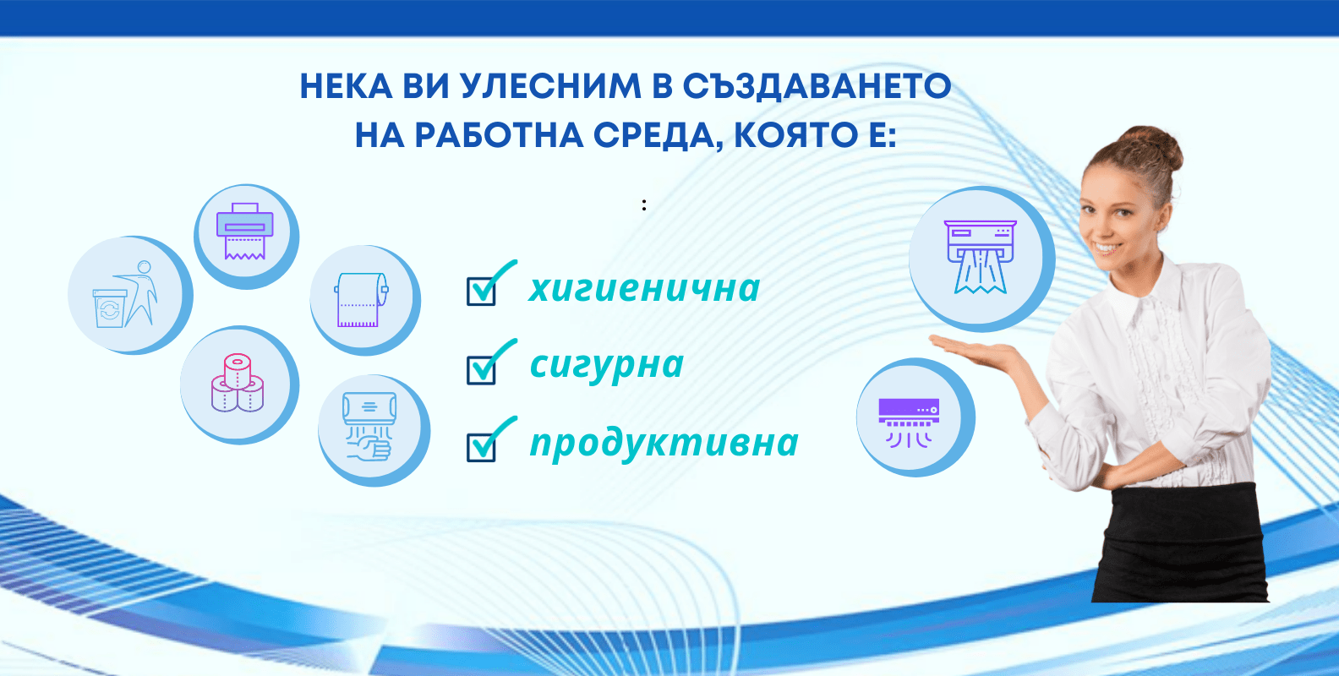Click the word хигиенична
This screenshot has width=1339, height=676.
click(x=644, y=289)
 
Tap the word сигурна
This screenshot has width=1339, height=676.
click(x=607, y=365)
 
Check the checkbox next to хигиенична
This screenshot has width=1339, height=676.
click(x=481, y=292)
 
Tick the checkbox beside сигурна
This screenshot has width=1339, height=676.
click(x=481, y=370)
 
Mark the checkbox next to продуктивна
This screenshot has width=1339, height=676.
click(x=481, y=448)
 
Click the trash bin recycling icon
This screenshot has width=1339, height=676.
click(x=125, y=294)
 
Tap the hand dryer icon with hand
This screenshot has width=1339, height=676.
click(x=369, y=427)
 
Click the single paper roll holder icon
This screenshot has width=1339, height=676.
click(x=361, y=300)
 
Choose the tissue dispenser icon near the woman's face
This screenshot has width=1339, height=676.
click(x=981, y=257)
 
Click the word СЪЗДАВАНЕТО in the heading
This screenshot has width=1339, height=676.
click(x=817, y=86)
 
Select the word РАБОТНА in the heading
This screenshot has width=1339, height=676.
click(x=499, y=135)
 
